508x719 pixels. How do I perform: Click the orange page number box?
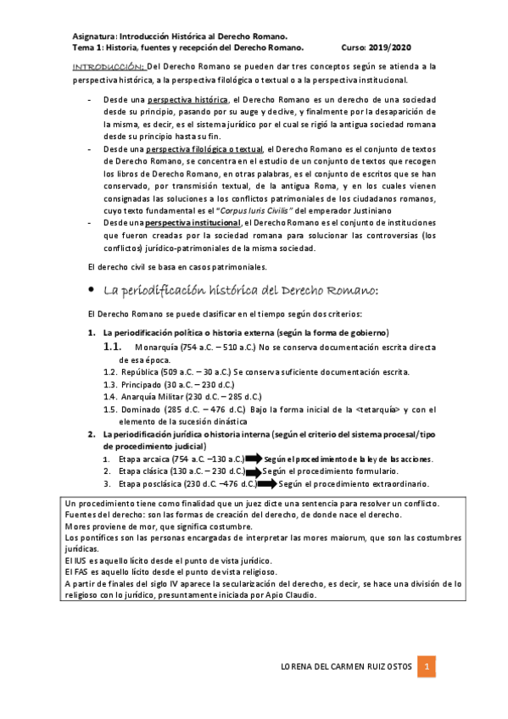(x=429, y=666)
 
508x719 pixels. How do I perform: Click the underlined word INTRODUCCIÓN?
(x=109, y=66)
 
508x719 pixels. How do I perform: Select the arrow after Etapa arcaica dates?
(x=255, y=459)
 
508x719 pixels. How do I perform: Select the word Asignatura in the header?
(x=94, y=37)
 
